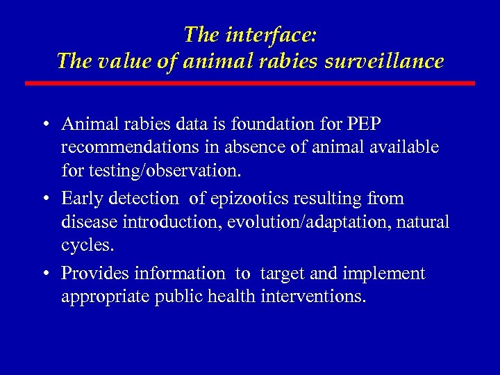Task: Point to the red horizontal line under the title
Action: pyautogui.click(x=250, y=83)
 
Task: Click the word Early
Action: pyautogui.click(x=82, y=199)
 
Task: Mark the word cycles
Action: pyautogui.click(x=87, y=245)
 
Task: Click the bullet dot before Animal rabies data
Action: pyautogui.click(x=44, y=125)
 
